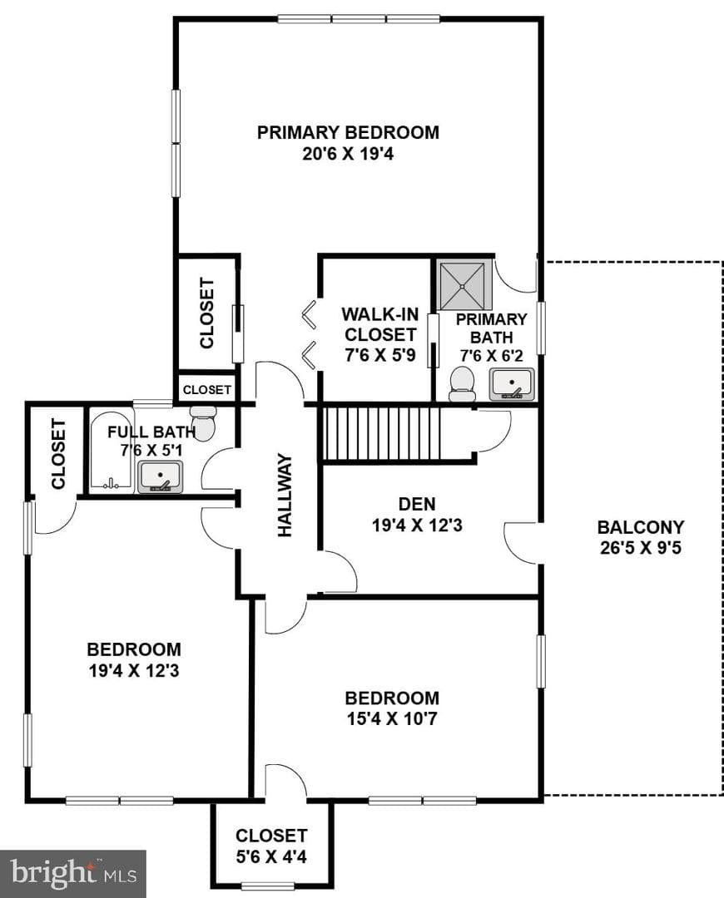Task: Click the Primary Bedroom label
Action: coord(348,132)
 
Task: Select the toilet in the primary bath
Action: coord(462,383)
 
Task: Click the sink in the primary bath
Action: coord(511,384)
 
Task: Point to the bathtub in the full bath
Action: coord(112,451)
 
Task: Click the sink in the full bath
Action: coord(161,477)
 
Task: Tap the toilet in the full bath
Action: coord(203,423)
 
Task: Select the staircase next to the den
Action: coord(381,433)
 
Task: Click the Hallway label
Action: coord(285,496)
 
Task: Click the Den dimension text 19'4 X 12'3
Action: coord(417,525)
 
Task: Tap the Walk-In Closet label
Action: coord(380,324)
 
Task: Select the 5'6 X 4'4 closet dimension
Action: coord(271,856)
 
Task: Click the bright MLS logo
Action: coord(73,873)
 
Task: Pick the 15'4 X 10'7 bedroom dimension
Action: coord(392,718)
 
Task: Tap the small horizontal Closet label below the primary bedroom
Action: coord(207,389)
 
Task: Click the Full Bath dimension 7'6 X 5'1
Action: coord(151,451)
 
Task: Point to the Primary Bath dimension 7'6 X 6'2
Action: coord(491,356)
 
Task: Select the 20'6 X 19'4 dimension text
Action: coord(348,154)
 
